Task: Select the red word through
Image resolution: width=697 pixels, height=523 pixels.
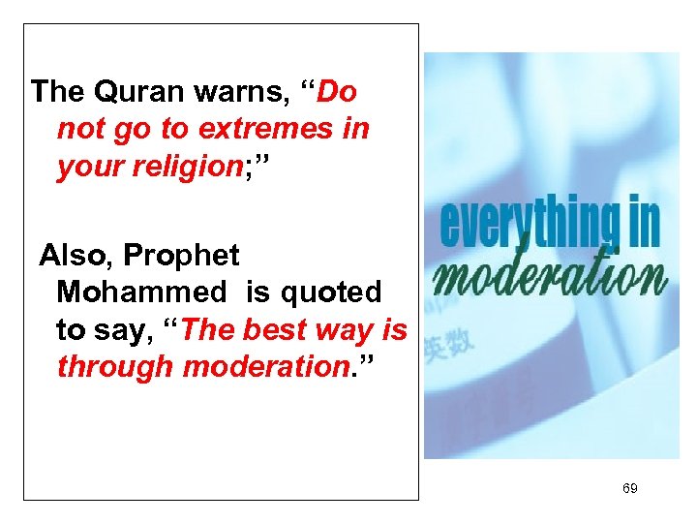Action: tap(116, 367)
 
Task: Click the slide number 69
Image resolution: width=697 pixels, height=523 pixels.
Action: tap(629, 488)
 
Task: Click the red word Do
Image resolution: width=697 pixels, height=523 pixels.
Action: tap(337, 92)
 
